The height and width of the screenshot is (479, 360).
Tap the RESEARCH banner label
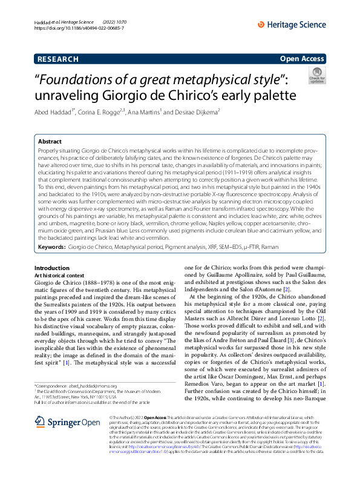pyautogui.click(x=57, y=59)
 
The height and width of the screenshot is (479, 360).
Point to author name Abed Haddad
pyautogui.click(x=53, y=112)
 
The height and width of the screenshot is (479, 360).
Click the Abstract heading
pyautogui.click(x=50, y=140)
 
